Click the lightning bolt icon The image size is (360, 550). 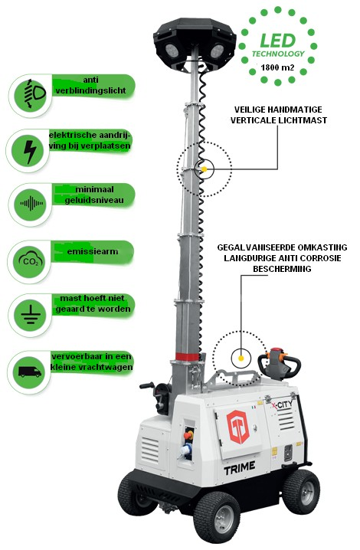[x=31, y=152]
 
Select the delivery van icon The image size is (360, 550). [x=30, y=372]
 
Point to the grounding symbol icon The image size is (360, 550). [x=31, y=315]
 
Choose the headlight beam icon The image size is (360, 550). [x=34, y=93]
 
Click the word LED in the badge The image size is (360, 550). [x=278, y=41]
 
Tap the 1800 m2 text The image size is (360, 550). [x=277, y=67]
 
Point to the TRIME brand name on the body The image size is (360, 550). [x=240, y=468]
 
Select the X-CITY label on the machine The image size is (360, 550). [x=282, y=405]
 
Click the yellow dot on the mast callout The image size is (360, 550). [x=204, y=169]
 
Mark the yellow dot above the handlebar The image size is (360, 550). [x=241, y=358]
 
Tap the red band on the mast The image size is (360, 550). [x=188, y=357]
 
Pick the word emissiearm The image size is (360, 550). [x=93, y=251]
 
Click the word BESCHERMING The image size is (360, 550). [x=282, y=269]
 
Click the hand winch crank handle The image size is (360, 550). [x=147, y=386]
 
